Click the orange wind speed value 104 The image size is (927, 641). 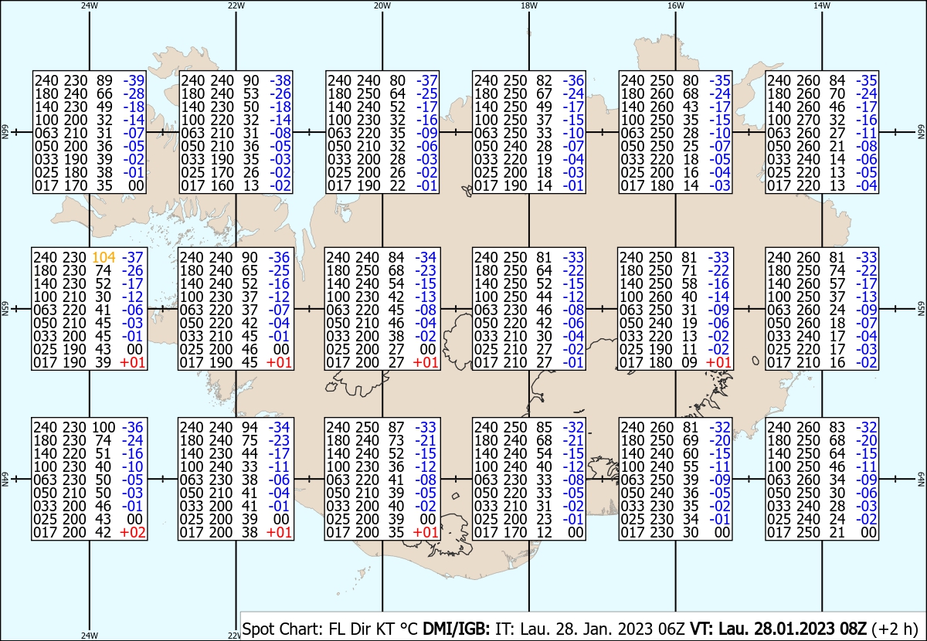tap(104, 257)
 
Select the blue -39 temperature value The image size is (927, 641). tap(135, 80)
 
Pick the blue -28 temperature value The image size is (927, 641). tap(135, 93)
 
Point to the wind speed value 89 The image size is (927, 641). tap(104, 80)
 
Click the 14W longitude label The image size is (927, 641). tap(822, 5)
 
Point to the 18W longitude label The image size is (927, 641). tap(528, 5)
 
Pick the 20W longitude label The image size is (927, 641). tap(382, 5)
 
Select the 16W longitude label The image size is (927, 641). tap(675, 5)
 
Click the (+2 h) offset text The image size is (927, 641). tap(895, 629)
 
